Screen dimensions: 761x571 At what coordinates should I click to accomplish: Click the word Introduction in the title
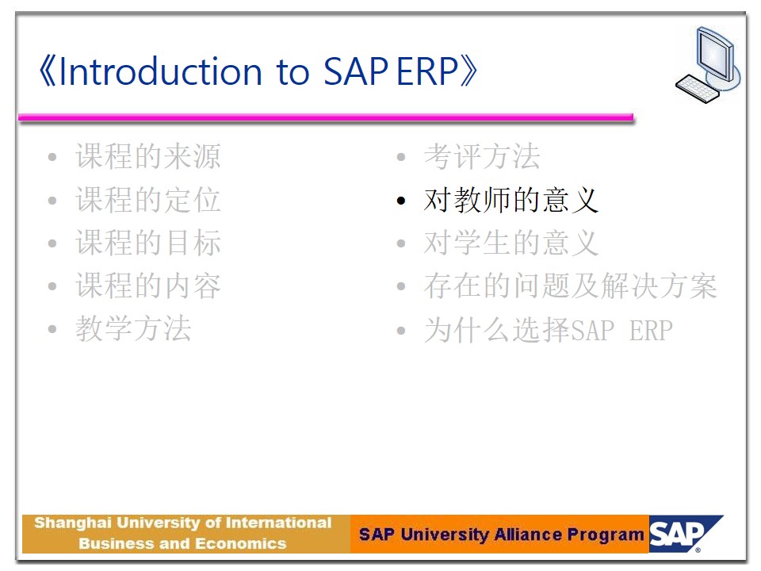pos(161,72)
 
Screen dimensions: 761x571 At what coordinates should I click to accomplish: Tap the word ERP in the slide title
pos(427,72)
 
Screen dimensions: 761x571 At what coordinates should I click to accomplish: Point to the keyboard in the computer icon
pos(697,88)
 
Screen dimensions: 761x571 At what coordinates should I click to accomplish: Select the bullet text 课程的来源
pos(148,156)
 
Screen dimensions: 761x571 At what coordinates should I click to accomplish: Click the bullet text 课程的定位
pos(148,200)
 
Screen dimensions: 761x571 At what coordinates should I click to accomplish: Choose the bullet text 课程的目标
pos(148,243)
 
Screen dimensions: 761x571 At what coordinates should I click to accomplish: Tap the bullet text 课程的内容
pos(148,285)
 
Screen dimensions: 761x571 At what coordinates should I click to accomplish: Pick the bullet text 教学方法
pos(133,328)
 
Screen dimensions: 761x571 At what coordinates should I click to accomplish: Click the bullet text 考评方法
pos(482,156)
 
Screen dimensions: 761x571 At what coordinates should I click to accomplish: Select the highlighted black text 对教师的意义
pos(511,200)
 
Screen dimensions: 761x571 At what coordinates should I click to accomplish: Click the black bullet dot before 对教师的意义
pos(401,201)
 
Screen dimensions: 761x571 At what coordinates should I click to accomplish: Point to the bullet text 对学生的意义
pos(511,243)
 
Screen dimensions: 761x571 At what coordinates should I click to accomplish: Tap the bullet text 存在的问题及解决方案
pos(570,285)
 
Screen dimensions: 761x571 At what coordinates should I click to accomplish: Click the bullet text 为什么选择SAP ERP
pos(549,330)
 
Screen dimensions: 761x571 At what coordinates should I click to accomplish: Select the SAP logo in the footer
pos(685,534)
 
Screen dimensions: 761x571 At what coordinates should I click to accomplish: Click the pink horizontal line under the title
pos(326,117)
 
